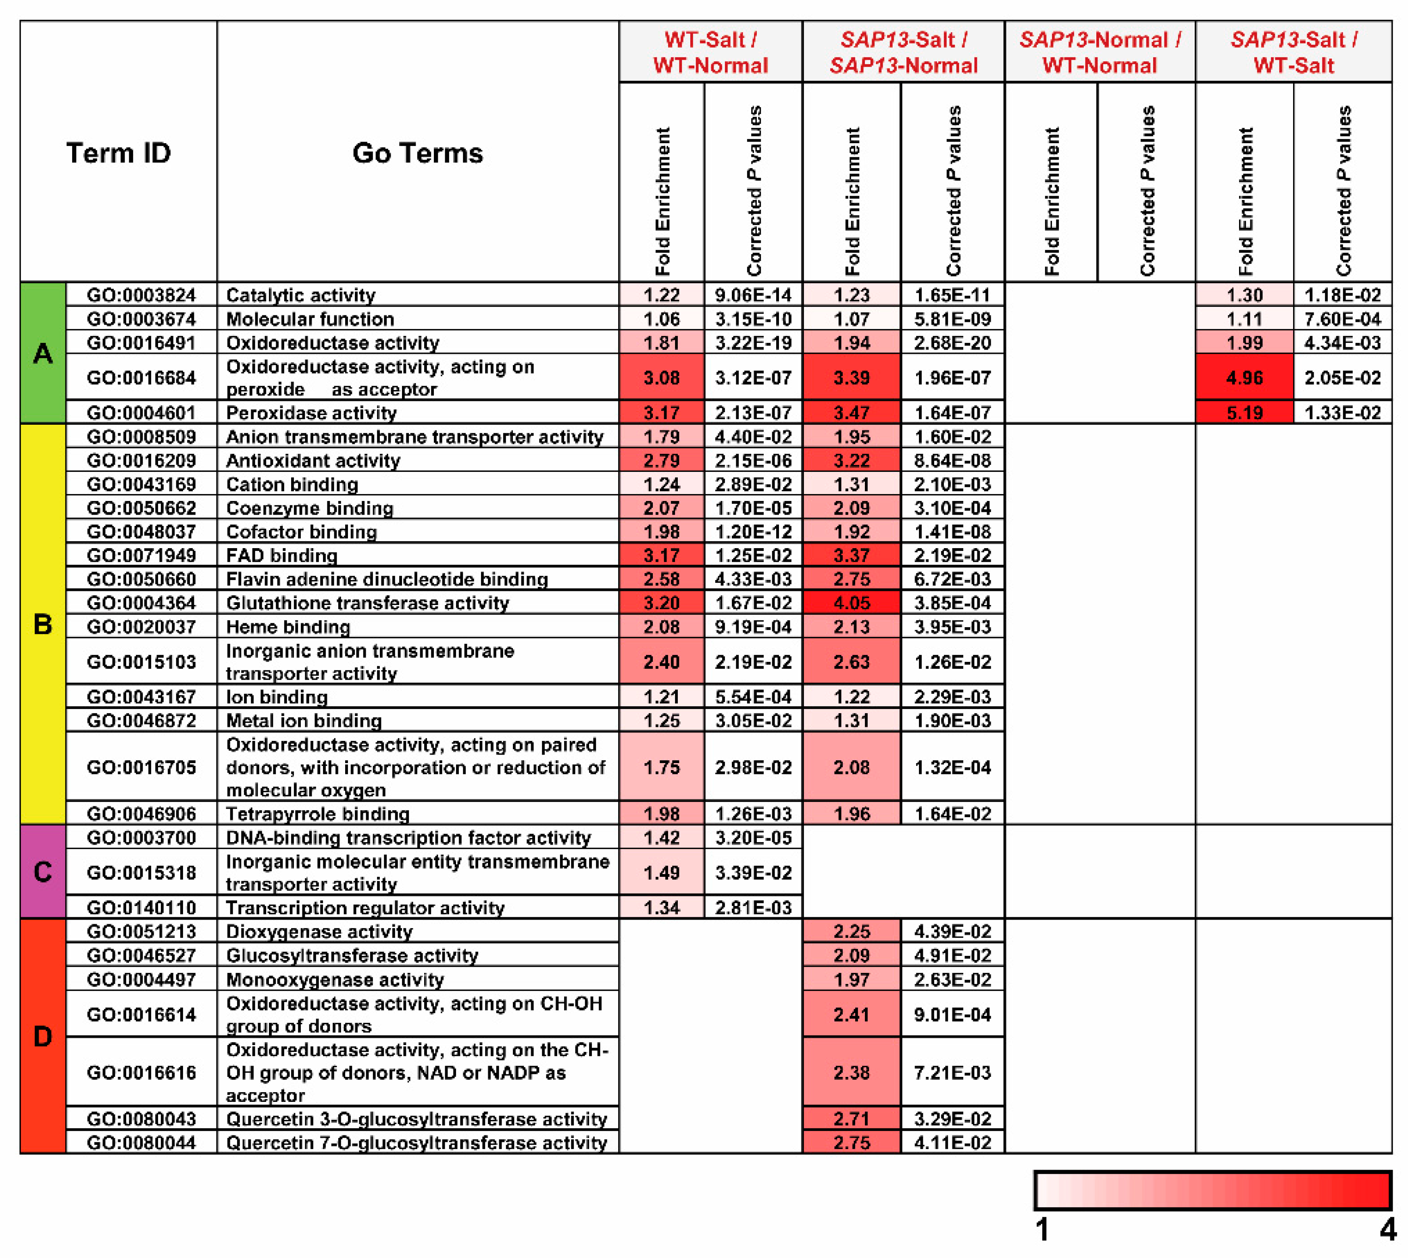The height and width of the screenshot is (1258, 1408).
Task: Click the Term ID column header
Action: tap(118, 153)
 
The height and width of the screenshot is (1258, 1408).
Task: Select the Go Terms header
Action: tap(417, 153)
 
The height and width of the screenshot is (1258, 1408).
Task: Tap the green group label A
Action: tap(43, 353)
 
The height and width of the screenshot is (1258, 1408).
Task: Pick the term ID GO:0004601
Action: tap(141, 413)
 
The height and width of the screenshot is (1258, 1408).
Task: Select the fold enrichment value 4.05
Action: tap(851, 603)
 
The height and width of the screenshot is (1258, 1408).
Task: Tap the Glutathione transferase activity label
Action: tap(368, 603)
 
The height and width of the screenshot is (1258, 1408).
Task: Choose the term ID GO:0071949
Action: tap(141, 555)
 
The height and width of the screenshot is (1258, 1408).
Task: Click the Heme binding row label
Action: tap(288, 627)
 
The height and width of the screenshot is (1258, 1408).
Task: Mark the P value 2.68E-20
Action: tap(952, 343)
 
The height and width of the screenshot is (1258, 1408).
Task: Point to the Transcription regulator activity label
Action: tap(365, 908)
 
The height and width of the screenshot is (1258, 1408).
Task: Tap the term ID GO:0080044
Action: tap(141, 1143)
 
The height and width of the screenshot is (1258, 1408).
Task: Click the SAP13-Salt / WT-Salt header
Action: tap(1293, 52)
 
